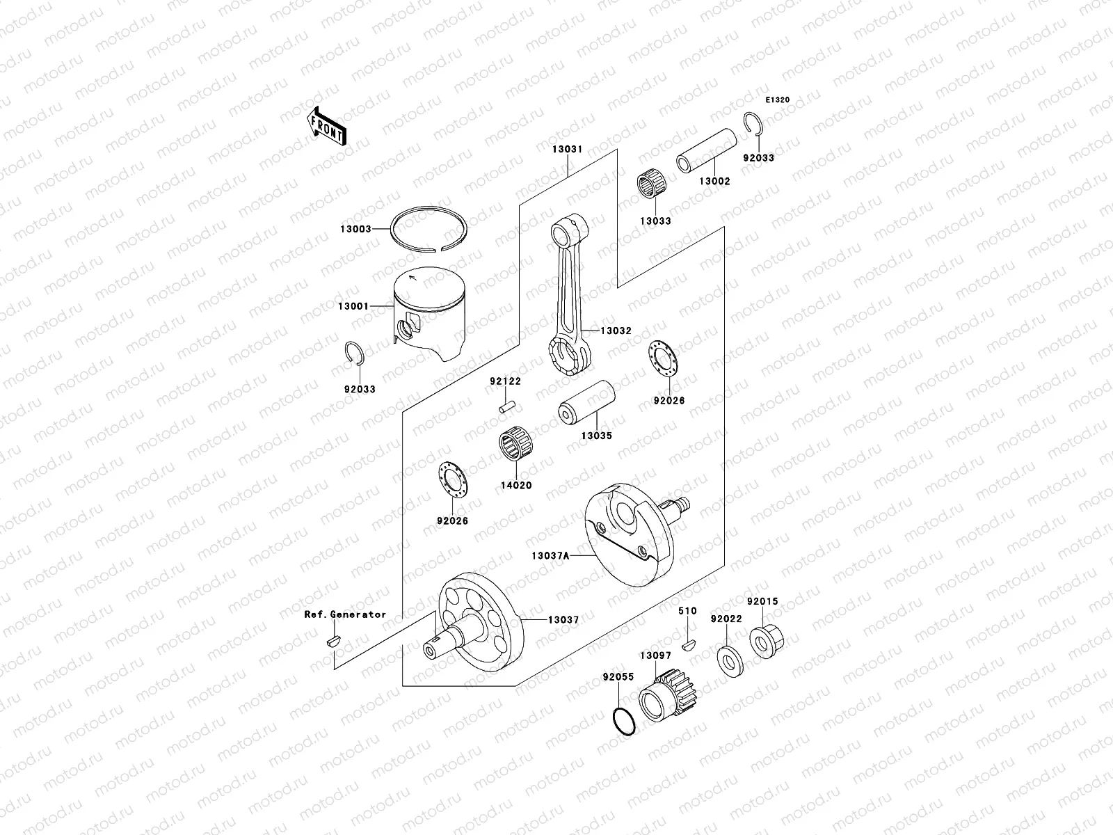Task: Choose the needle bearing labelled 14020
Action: pyautogui.click(x=515, y=453)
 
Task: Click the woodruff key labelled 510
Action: pyautogui.click(x=688, y=644)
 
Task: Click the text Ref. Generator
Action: pyautogui.click(x=344, y=614)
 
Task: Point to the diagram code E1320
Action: pyautogui.click(x=778, y=100)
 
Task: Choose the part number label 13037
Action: pyautogui.click(x=563, y=619)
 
